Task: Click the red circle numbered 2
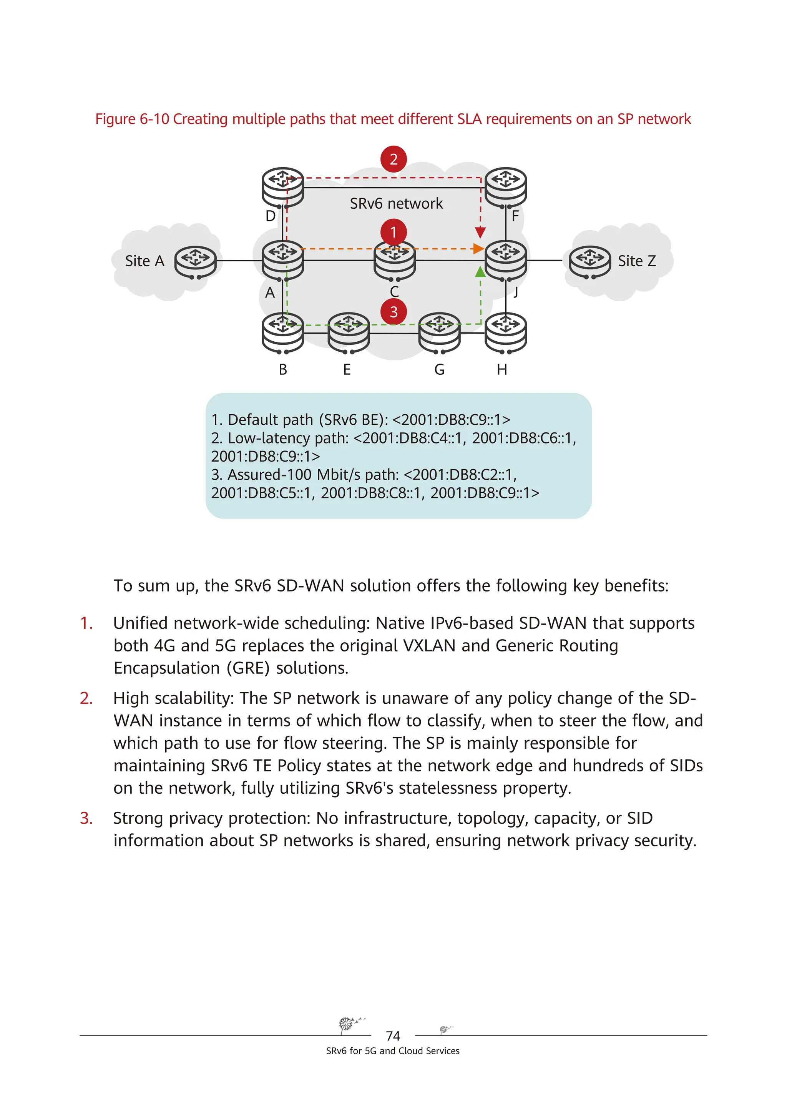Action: click(393, 159)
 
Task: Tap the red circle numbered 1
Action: click(393, 232)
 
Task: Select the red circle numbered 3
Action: click(393, 312)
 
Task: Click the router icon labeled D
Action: click(282, 187)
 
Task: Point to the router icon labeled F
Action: click(506, 187)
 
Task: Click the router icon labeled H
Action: click(506, 332)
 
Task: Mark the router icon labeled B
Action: click(282, 332)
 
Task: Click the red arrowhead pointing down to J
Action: click(480, 232)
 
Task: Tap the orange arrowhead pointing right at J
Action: click(478, 249)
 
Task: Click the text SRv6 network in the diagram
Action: click(396, 203)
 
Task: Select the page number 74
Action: click(393, 1036)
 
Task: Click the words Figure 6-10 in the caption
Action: click(131, 119)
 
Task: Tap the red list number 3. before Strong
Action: click(86, 818)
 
